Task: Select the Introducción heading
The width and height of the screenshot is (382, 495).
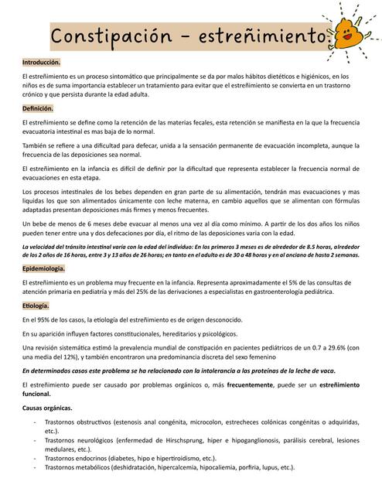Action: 41,62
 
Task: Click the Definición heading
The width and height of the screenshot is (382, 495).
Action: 38,109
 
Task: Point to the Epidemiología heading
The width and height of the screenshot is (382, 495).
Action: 43,268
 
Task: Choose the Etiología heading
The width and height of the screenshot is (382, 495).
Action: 36,306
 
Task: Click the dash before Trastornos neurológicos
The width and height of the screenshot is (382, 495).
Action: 32,439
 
